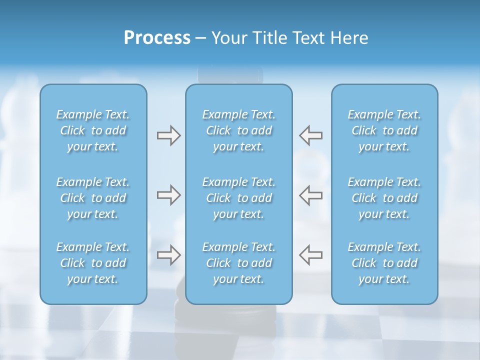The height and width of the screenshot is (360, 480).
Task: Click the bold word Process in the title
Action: (157, 38)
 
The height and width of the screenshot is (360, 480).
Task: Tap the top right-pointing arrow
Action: (168, 135)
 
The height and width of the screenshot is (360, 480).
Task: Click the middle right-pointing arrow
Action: (168, 195)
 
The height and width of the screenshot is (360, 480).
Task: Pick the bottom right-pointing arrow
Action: (168, 255)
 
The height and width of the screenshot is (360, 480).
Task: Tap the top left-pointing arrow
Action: (310, 135)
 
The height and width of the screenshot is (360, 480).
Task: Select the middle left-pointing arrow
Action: (310, 195)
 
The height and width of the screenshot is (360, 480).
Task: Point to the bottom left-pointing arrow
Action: (310, 255)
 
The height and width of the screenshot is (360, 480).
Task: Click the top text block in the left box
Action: (93, 130)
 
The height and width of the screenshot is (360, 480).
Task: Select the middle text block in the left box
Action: (93, 198)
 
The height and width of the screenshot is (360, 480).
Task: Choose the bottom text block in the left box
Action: (93, 263)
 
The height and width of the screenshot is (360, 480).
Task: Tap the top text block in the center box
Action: (238, 130)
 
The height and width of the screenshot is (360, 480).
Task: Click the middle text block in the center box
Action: (238, 198)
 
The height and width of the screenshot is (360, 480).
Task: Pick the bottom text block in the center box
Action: (238, 263)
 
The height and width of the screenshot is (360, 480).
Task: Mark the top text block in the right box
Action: (384, 130)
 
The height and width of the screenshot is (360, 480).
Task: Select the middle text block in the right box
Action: (384, 198)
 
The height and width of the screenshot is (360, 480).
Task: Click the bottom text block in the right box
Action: (384, 263)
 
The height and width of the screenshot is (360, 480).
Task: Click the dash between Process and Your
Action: (200, 38)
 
